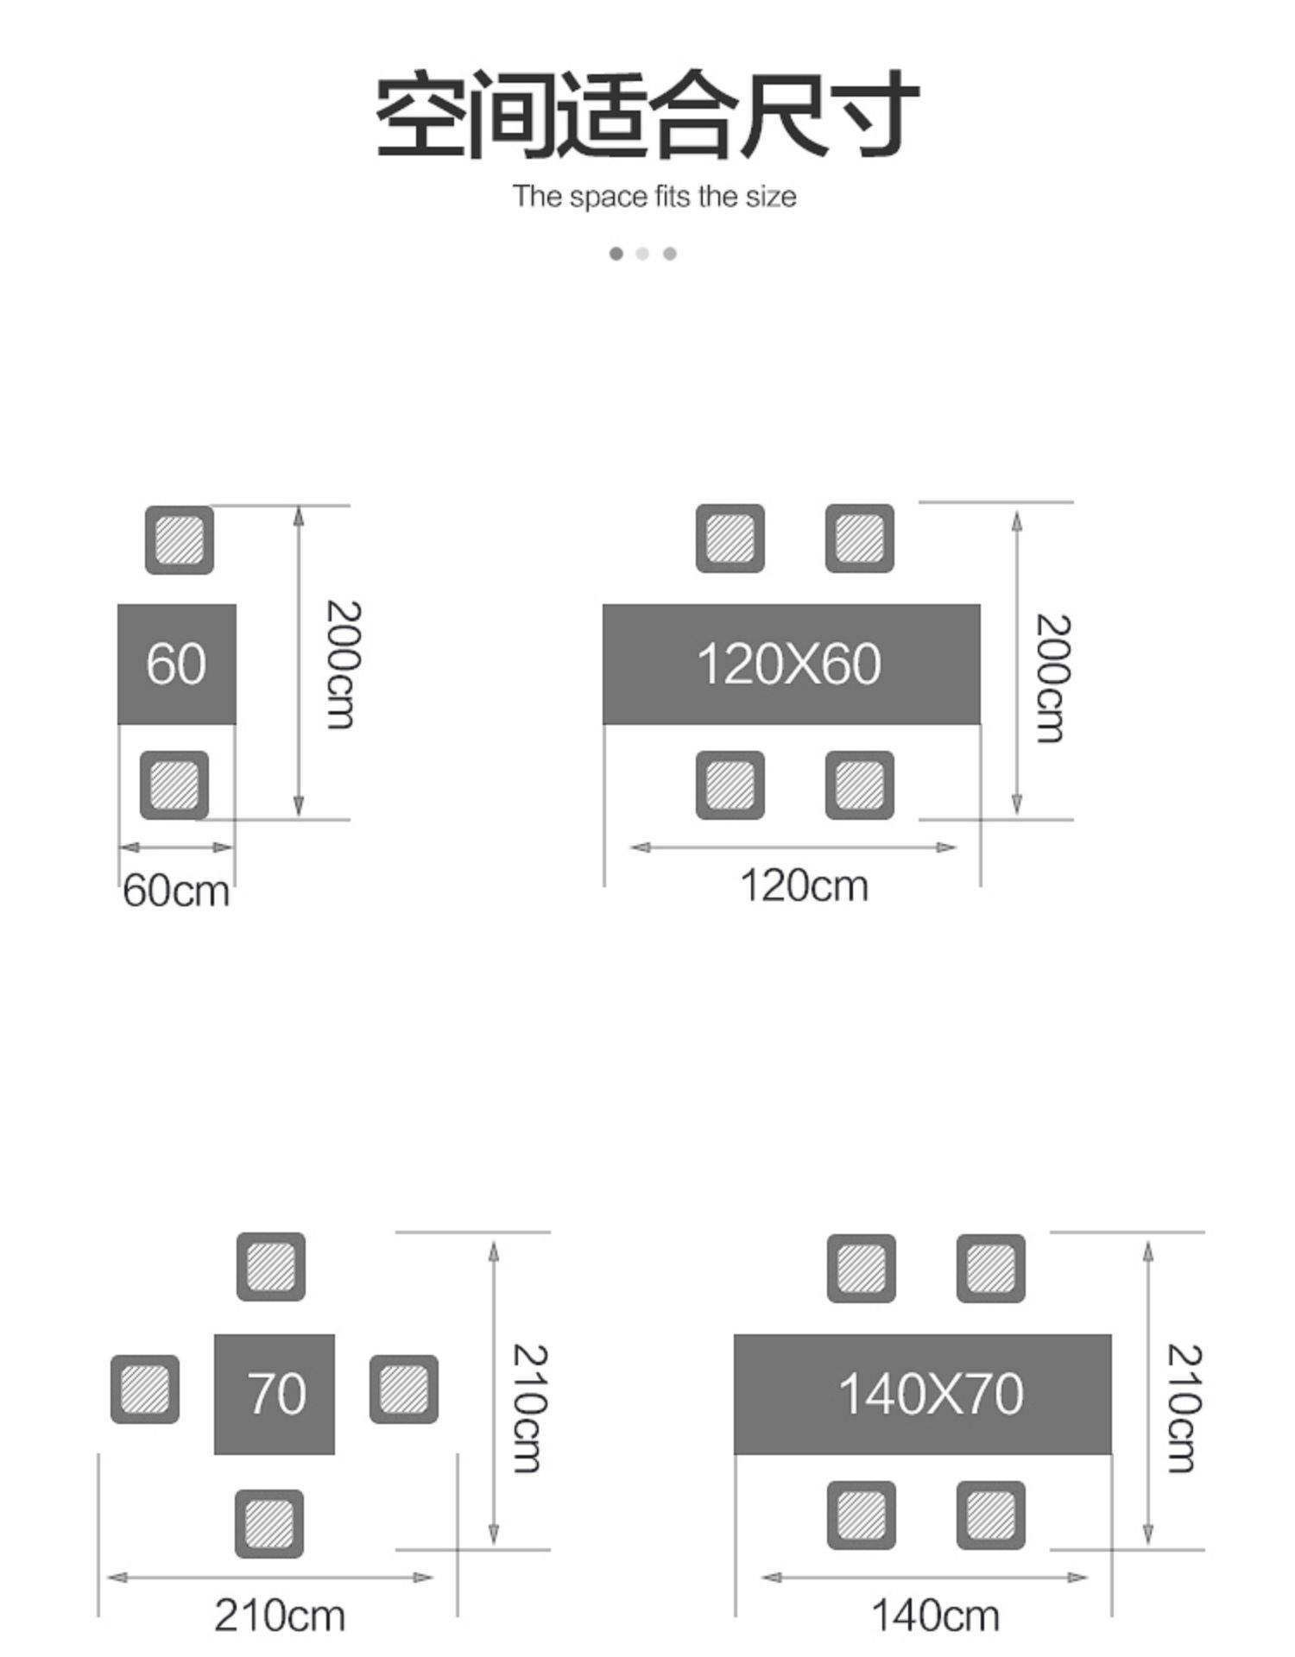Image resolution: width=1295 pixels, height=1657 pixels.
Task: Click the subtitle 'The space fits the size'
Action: (x=654, y=197)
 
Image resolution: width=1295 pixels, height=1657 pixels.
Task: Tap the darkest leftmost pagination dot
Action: (x=616, y=253)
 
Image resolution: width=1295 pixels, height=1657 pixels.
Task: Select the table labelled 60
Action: (x=176, y=664)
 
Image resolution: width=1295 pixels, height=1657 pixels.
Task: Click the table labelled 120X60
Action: (x=790, y=664)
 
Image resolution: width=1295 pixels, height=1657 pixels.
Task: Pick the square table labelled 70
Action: (x=275, y=1394)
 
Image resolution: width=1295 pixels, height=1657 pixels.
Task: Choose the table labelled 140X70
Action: (x=923, y=1394)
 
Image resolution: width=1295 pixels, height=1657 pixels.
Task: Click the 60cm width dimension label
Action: (x=176, y=891)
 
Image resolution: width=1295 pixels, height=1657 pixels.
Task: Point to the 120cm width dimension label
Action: (x=804, y=886)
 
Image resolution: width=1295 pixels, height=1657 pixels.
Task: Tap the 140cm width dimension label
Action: (x=935, y=1616)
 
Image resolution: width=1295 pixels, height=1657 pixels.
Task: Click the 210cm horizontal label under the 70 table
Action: (x=279, y=1616)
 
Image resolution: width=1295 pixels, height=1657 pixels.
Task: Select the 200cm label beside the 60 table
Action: (x=342, y=664)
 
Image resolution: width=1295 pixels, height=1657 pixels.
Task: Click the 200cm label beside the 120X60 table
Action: (x=1052, y=677)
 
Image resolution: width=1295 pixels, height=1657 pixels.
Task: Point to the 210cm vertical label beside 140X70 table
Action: (x=1183, y=1407)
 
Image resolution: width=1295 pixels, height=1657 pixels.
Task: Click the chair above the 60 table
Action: (x=180, y=540)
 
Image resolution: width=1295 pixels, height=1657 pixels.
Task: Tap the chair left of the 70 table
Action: (x=145, y=1389)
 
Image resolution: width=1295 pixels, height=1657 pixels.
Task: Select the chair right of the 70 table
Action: (x=404, y=1389)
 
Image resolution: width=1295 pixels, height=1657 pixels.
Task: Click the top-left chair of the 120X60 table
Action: (x=730, y=539)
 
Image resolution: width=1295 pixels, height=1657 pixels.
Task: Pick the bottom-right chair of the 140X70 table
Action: (x=991, y=1515)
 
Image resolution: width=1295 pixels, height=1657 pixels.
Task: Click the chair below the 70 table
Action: (x=269, y=1523)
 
